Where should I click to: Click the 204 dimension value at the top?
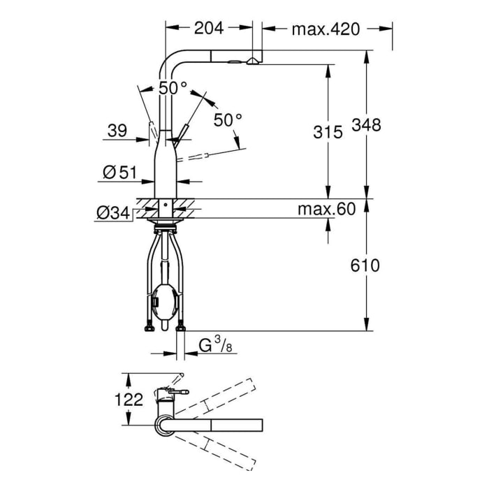point(208,28)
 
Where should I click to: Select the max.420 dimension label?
point(325,29)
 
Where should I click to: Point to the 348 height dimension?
point(366,126)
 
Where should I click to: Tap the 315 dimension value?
point(328,131)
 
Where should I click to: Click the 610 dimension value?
point(366,265)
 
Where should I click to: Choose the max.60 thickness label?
point(326,209)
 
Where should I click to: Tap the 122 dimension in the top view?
point(129,400)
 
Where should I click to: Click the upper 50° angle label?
point(173,88)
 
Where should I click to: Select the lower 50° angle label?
point(228,120)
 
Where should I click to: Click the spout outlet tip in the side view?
point(251,62)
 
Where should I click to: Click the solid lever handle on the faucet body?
point(184,133)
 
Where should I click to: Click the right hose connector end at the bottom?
point(182,326)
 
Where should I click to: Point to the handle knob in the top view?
point(180,393)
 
